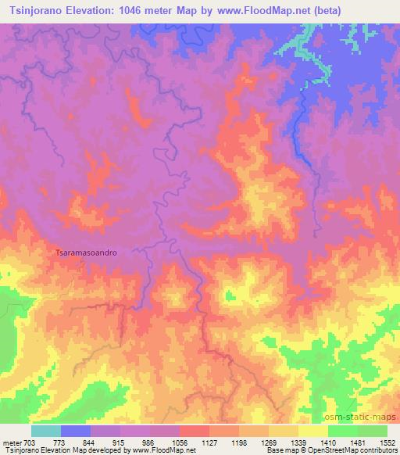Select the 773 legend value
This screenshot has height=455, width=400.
point(77,442)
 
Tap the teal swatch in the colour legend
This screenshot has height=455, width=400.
point(46,431)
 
